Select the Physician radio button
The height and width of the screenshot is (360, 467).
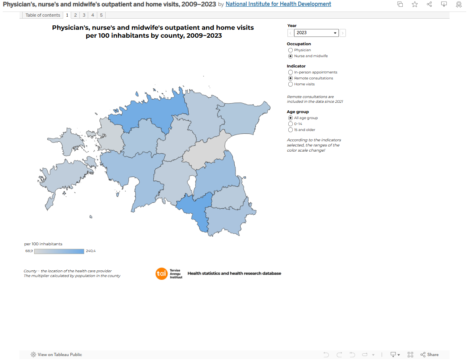click(290, 50)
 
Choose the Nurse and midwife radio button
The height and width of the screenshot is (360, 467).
click(290, 56)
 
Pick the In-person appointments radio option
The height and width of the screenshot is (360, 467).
click(290, 72)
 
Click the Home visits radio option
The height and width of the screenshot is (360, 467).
click(290, 84)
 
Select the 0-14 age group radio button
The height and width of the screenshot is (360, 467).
click(290, 124)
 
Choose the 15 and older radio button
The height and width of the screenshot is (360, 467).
click(290, 130)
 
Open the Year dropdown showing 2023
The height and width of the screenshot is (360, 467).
click(316, 33)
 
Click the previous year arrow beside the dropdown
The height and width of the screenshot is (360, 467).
click(290, 33)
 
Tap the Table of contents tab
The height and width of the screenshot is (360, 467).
click(42, 15)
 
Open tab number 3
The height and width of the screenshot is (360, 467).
click(84, 15)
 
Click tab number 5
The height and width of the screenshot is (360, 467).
click(101, 15)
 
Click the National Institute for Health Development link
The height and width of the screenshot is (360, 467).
click(278, 4)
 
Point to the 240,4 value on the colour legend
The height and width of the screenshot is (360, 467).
click(91, 251)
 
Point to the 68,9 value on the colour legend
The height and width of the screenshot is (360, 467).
click(29, 251)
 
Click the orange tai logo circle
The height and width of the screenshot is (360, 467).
click(162, 274)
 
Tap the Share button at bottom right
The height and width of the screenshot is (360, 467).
click(430, 354)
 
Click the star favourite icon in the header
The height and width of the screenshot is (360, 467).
click(415, 4)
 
